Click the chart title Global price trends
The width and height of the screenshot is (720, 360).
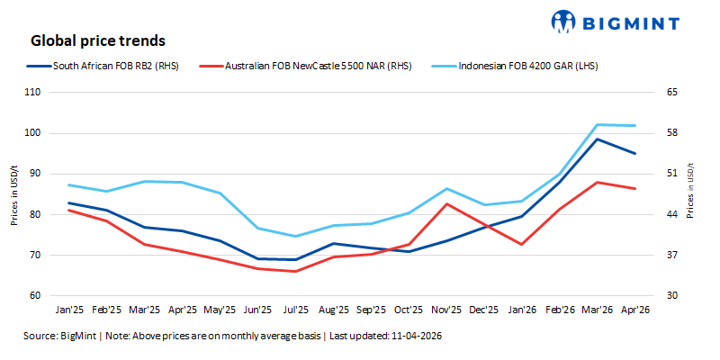(x=97, y=40)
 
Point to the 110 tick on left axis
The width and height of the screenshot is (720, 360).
(x=33, y=93)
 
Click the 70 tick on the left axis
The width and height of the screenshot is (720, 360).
(x=35, y=256)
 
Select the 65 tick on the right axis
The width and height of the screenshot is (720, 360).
(x=670, y=93)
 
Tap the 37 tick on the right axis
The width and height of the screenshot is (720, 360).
(x=670, y=256)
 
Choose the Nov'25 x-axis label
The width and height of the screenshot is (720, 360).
(x=446, y=310)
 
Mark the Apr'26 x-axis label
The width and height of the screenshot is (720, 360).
(x=635, y=310)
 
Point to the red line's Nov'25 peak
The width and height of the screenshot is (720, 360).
(x=446, y=203)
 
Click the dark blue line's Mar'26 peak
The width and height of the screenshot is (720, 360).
(x=597, y=139)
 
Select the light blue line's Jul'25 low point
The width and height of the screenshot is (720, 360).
(x=295, y=237)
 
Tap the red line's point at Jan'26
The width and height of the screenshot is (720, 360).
(x=521, y=244)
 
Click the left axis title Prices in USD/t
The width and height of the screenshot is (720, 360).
(x=15, y=194)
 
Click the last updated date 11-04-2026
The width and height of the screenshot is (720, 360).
(x=417, y=336)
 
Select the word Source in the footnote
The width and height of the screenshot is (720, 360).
(x=40, y=336)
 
